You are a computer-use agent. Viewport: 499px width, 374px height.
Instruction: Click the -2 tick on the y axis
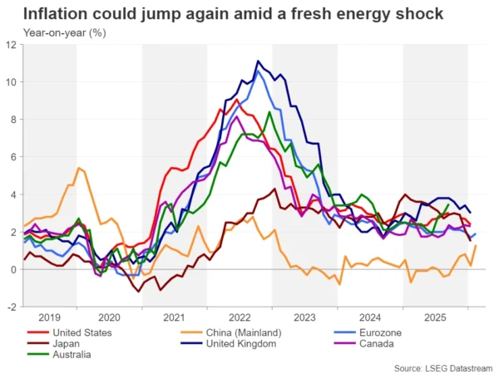click(x=13, y=307)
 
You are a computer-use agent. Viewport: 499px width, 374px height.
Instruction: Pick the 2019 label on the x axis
click(x=51, y=317)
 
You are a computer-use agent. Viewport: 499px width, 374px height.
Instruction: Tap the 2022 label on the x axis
click(x=240, y=317)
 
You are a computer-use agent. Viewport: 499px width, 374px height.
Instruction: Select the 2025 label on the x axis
click(x=435, y=317)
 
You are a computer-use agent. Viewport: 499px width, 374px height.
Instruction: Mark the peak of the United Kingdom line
click(x=259, y=61)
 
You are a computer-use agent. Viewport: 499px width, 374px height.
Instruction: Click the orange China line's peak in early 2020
click(x=79, y=168)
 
